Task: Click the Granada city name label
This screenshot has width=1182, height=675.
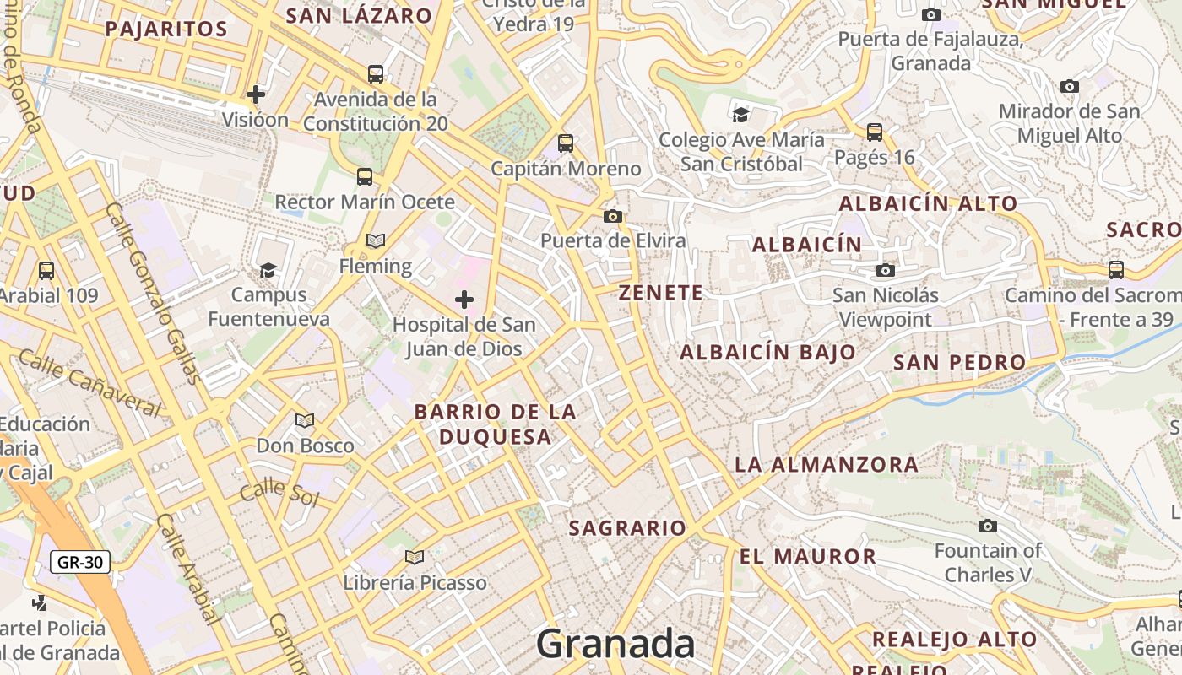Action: coord(615,644)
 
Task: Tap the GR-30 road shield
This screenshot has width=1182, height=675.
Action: coord(80,562)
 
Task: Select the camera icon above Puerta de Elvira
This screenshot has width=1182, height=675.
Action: coord(613,217)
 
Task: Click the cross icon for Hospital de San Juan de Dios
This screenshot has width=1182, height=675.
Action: coord(464,300)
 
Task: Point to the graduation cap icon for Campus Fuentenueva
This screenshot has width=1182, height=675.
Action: coord(268,270)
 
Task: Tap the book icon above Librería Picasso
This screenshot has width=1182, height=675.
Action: coord(414,557)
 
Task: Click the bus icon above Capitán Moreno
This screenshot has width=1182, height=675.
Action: coord(566,143)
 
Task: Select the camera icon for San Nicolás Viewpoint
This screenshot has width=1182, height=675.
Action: coord(885,270)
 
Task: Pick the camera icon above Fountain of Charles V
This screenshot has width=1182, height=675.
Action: coord(987,526)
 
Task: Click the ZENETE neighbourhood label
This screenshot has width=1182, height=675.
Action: coord(660,293)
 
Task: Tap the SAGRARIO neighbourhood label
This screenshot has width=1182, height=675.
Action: coord(627,528)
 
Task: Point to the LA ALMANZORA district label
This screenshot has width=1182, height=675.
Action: coord(827,464)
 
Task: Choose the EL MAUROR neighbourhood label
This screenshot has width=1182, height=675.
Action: coord(808,556)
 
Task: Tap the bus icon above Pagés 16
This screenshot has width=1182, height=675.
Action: coord(875,132)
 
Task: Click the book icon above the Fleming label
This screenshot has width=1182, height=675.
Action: coord(376,241)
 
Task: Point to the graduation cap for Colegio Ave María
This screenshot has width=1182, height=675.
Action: coord(740,115)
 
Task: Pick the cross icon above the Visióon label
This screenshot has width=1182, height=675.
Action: coord(255,94)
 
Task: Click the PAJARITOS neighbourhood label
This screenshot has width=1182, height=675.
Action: coord(166,29)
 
